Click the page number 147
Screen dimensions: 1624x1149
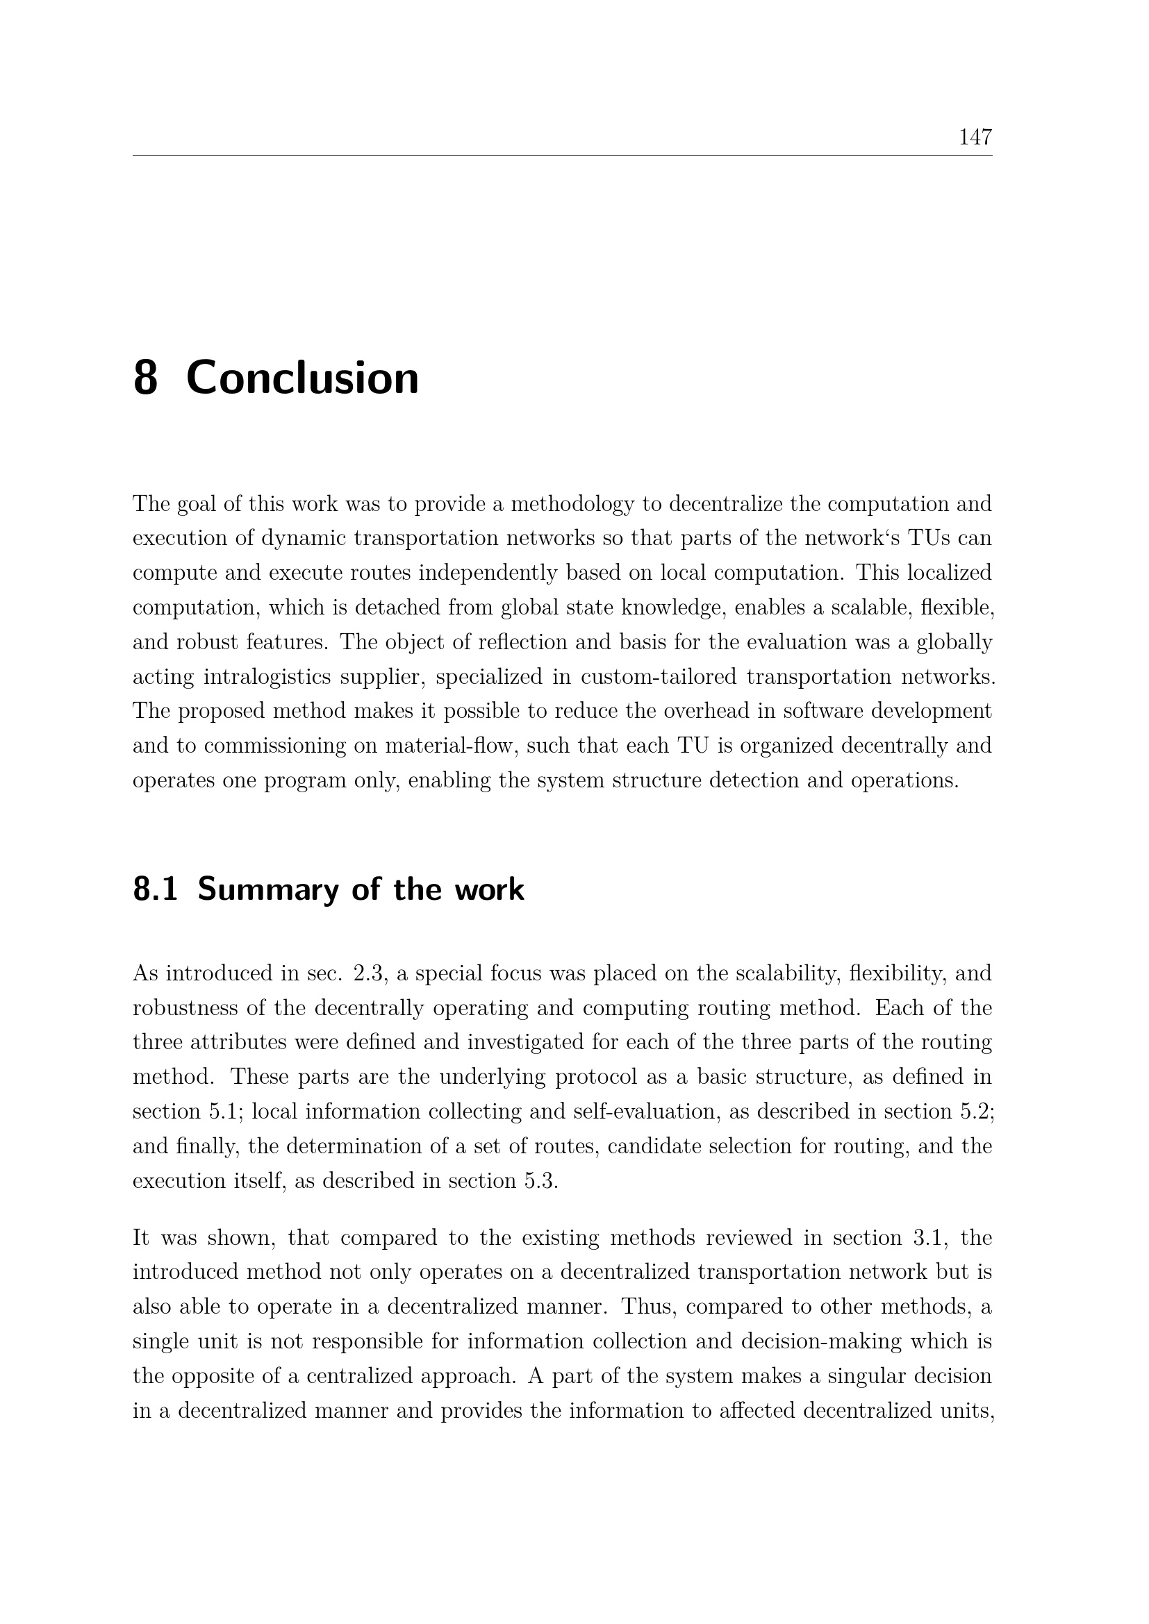tap(975, 137)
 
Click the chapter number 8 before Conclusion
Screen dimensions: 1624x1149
tap(145, 378)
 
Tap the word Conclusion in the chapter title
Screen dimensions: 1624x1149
tap(302, 378)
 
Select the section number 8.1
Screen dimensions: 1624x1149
tap(155, 890)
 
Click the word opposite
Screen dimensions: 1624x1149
tap(222, 1375)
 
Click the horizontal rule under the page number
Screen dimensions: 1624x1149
tap(562, 156)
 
